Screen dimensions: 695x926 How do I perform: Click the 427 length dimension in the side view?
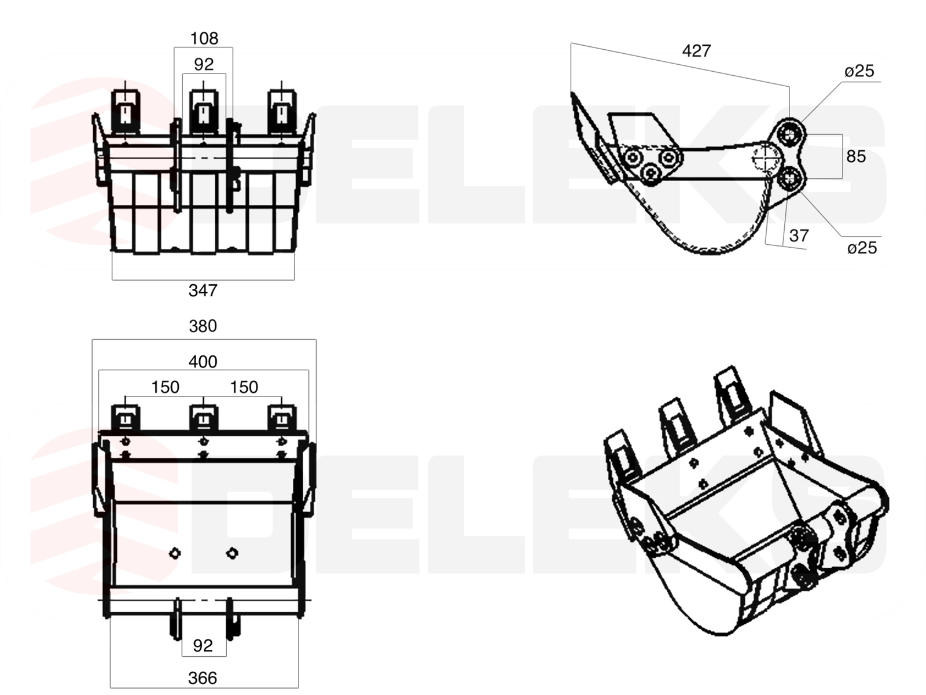(696, 52)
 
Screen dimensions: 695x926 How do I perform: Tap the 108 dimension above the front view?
(204, 39)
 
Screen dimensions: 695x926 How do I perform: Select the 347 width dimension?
(203, 290)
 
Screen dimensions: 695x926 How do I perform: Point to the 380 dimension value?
(203, 326)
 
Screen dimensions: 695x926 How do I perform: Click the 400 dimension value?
(203, 362)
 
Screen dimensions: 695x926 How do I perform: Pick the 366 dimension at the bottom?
(203, 678)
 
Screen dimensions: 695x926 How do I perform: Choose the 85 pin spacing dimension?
(856, 156)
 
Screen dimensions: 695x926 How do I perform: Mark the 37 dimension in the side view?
(799, 236)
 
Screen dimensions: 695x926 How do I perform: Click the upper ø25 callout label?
(859, 71)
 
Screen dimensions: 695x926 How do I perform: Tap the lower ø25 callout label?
(862, 248)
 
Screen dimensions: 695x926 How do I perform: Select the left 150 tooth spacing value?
(166, 387)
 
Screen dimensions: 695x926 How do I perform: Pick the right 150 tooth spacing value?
(244, 387)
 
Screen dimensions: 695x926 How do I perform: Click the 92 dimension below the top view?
(203, 646)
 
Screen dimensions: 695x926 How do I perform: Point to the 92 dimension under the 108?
(204, 64)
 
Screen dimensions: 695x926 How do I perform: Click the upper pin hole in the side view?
(788, 134)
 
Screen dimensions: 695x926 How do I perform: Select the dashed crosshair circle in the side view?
(765, 156)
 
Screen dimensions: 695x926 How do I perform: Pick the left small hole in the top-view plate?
(174, 553)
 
